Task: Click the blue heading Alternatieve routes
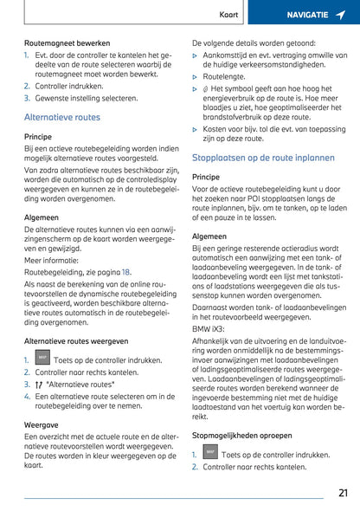pos(62,117)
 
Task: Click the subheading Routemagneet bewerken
pos(67,42)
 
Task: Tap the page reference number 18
pos(127,271)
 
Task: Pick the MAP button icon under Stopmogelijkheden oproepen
pos(209,452)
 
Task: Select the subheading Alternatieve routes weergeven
pos(76,341)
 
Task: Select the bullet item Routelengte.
pos(224,76)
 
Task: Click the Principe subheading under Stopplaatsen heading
pos(206,177)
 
